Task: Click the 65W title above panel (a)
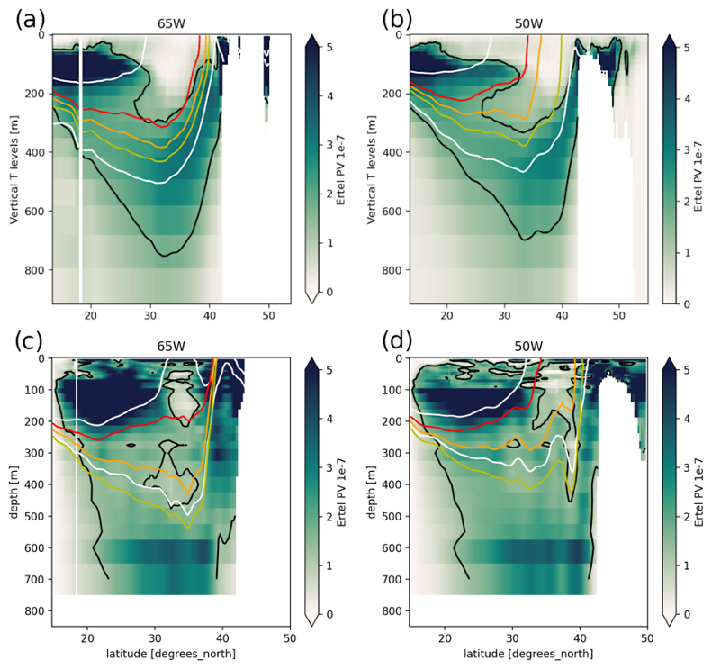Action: pyautogui.click(x=171, y=26)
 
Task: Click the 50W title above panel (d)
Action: pyautogui.click(x=527, y=347)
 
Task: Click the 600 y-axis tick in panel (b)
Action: pyautogui.click(x=392, y=212)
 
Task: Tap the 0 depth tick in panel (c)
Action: pyautogui.click(x=41, y=358)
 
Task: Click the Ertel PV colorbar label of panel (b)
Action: pyautogui.click(x=699, y=169)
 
